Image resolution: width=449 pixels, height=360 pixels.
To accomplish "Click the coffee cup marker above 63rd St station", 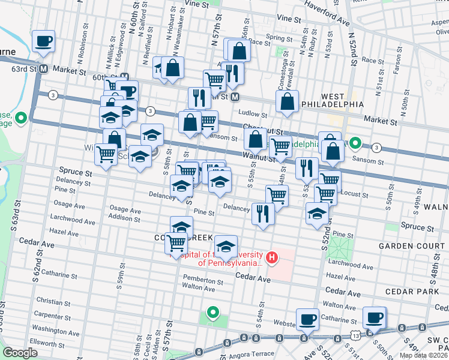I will tap(43, 41).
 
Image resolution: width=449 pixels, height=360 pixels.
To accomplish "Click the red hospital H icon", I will tap(272, 258).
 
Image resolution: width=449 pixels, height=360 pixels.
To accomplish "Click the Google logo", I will tap(20, 353).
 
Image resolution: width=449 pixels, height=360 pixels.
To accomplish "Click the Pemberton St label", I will tap(203, 281).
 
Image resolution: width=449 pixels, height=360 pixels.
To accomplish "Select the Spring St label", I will tap(279, 38).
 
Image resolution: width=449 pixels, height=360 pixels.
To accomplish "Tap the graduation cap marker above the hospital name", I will tap(226, 246).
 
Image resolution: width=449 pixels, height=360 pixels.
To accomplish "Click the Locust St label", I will tap(354, 194).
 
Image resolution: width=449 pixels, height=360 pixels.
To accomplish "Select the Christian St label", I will tap(53, 301).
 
